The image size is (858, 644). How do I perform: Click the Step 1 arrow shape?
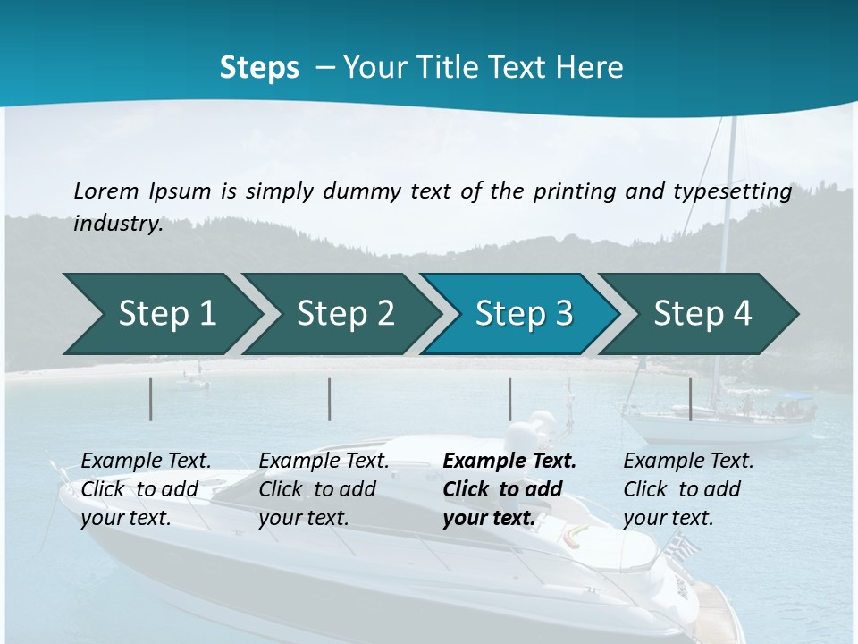161,314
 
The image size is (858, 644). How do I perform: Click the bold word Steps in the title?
259,68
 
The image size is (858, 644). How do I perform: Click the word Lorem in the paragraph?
105,191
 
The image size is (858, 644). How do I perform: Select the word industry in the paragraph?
116,224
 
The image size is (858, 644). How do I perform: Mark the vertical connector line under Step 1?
151,399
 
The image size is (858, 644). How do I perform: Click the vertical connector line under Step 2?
330,399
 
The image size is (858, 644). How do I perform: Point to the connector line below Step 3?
510,399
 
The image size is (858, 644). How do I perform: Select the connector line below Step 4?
691,399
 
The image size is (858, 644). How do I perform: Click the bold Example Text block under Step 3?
509,489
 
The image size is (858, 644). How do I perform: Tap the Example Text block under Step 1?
146,489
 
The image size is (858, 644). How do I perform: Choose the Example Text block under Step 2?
324,489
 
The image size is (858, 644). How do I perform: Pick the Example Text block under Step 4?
688,489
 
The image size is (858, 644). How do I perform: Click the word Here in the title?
590,68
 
